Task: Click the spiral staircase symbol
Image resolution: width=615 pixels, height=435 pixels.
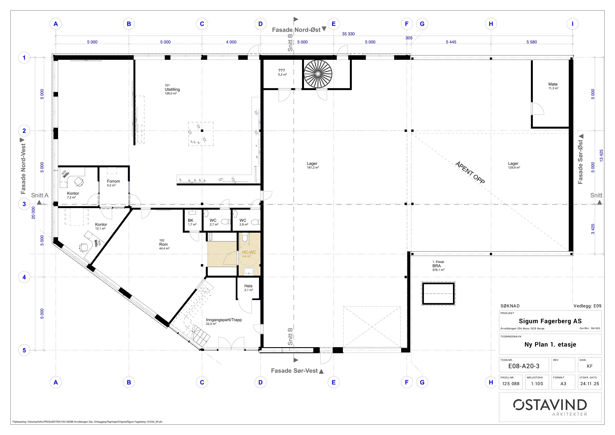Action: pyautogui.click(x=318, y=74)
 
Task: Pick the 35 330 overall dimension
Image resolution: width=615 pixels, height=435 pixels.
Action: pyautogui.click(x=348, y=34)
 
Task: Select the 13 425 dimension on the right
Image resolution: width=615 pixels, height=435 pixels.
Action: pyautogui.click(x=601, y=155)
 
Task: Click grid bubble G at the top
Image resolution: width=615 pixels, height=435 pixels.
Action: pyautogui.click(x=422, y=24)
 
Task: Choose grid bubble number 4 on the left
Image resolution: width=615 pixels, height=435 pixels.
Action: pyautogui.click(x=24, y=277)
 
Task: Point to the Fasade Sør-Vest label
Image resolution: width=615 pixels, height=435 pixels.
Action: pyautogui.click(x=294, y=371)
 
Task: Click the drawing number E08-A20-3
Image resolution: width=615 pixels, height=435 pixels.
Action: pyautogui.click(x=524, y=366)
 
